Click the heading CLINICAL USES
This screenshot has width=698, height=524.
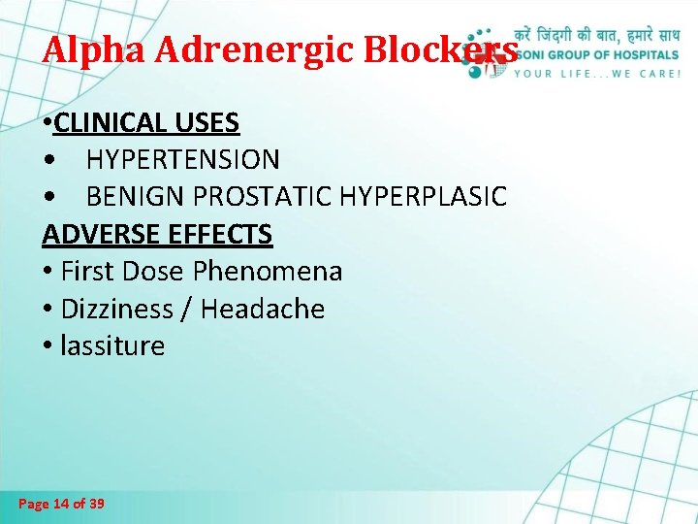147,123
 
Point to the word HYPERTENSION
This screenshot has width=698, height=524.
183,159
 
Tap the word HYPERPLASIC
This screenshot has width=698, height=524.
424,196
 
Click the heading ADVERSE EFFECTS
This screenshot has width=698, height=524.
157,234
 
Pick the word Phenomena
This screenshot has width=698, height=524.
285,272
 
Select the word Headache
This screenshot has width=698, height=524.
264,310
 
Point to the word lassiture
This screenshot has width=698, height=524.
112,346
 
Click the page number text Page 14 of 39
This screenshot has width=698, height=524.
62,504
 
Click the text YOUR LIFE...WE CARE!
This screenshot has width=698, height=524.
597,73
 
